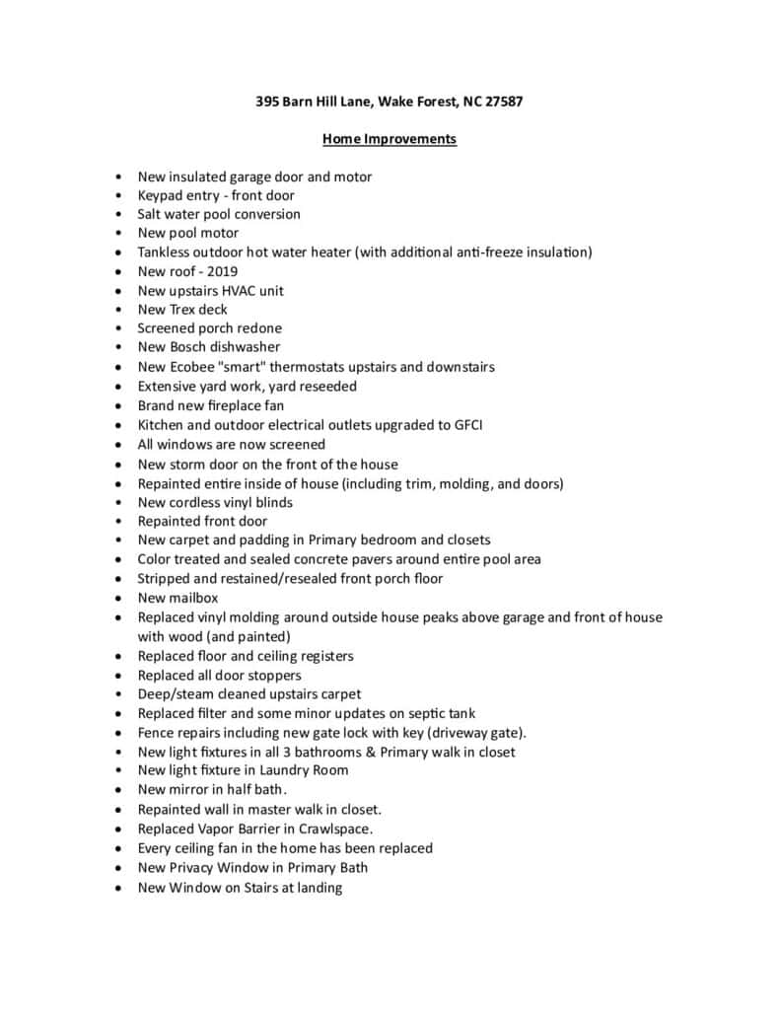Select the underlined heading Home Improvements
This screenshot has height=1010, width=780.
click(390, 139)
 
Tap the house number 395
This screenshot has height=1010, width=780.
click(267, 102)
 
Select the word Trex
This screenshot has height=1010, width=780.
click(184, 310)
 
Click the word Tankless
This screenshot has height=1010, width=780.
click(168, 252)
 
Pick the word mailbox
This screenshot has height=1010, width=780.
click(194, 598)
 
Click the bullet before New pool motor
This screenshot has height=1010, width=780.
click(118, 234)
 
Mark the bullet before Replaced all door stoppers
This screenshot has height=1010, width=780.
click(118, 676)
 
